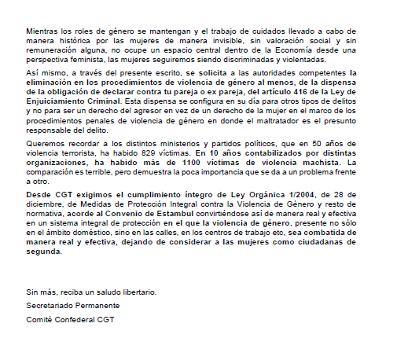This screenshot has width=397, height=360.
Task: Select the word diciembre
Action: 46,204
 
